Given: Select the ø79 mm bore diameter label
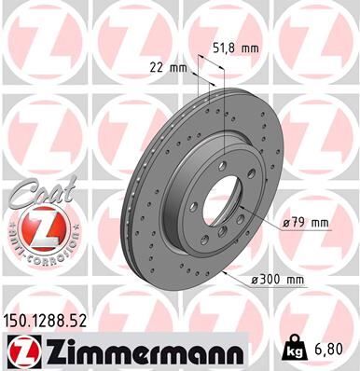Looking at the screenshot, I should click(x=306, y=222).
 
